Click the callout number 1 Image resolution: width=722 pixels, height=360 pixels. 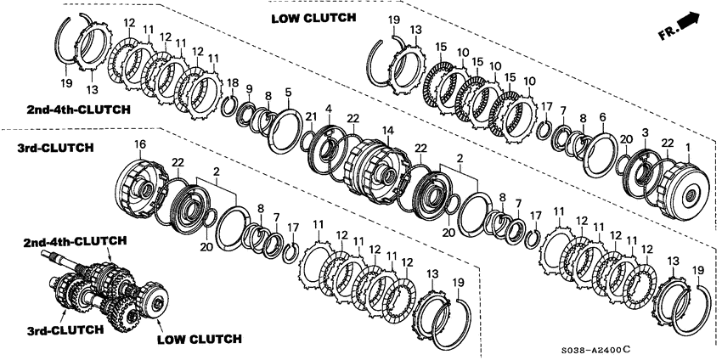pos(688,148)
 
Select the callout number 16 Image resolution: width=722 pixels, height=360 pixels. pos(139,144)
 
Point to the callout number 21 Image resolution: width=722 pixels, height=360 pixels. pos(311,117)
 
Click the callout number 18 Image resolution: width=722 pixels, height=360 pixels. pos(233,83)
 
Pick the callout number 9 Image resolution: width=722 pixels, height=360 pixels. pos(250,88)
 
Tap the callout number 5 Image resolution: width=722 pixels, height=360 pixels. pos(288,92)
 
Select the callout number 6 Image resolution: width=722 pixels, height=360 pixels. pos(603,118)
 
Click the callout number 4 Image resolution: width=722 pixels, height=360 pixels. pos(329,110)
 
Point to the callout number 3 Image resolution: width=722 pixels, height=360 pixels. pos(645,132)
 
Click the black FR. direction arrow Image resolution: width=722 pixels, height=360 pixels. pos(689,20)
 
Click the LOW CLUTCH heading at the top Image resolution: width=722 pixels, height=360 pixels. pos(313,18)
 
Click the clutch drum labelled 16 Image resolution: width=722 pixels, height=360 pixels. pos(139,187)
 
